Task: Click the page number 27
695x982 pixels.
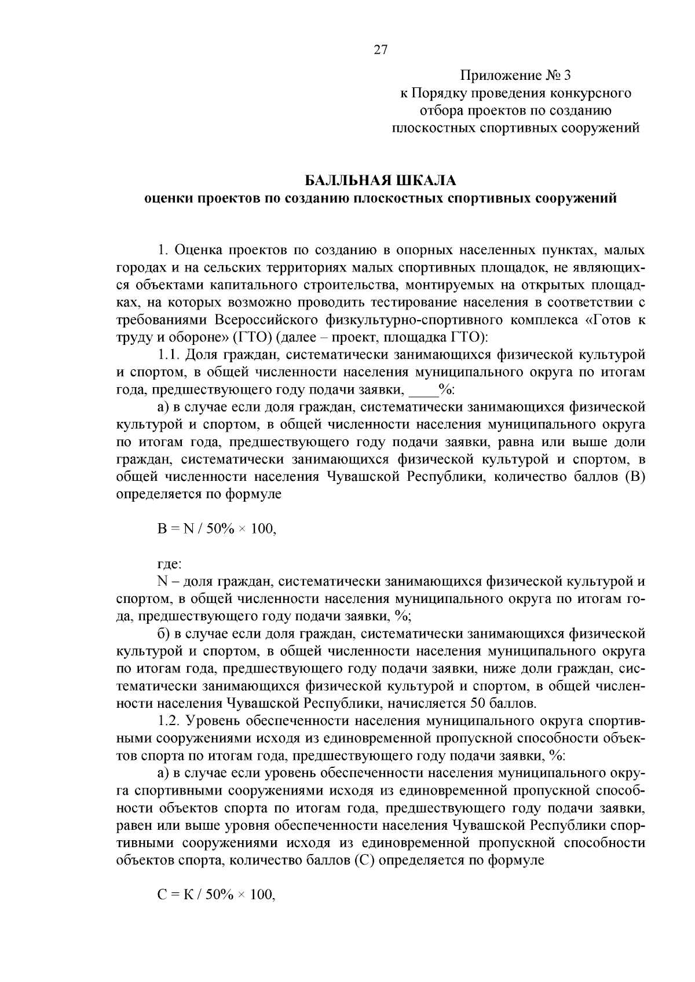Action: (380, 50)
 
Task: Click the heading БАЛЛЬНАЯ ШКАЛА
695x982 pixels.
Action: (381, 180)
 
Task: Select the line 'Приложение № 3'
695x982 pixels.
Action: (515, 76)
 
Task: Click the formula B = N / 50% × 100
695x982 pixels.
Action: (216, 528)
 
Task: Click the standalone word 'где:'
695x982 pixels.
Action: (170, 563)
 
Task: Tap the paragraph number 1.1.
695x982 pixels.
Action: (170, 355)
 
